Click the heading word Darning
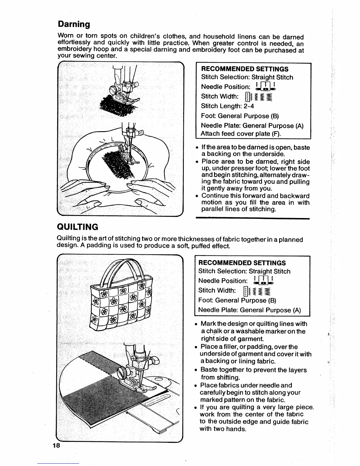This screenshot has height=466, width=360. [74, 24]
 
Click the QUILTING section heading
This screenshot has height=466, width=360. [77, 227]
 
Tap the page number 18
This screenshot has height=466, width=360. [56, 445]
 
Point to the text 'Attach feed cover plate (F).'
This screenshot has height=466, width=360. [241, 134]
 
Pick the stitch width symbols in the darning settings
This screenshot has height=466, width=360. [259, 96]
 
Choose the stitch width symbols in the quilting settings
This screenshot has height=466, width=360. [256, 291]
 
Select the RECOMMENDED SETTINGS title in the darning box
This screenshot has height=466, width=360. [245, 69]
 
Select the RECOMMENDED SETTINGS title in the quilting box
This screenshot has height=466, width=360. [242, 263]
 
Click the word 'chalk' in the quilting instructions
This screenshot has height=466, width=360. [209, 332]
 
